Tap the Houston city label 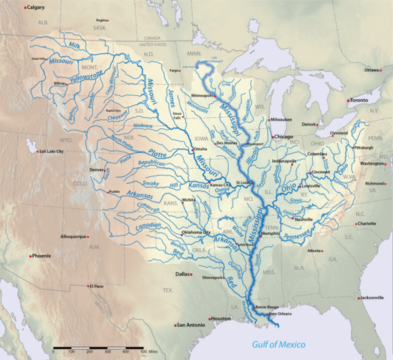click(220, 319)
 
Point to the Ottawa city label click(373, 70)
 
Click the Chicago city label click(283, 137)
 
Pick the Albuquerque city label click(73, 236)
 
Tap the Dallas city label click(183, 274)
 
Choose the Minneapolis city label click(203, 97)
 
